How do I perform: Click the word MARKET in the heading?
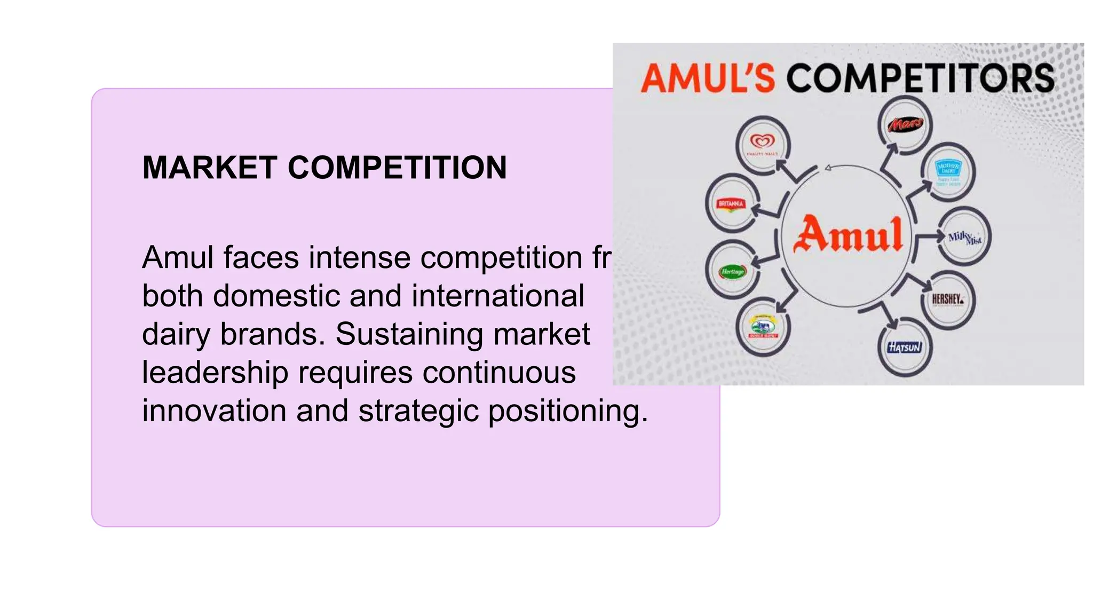(x=210, y=168)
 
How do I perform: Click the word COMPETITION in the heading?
(x=398, y=168)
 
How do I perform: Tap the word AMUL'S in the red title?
(x=707, y=78)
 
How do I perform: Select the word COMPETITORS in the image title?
(x=921, y=78)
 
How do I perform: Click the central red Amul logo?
(x=848, y=235)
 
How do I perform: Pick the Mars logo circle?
(x=905, y=124)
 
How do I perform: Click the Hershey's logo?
(x=948, y=299)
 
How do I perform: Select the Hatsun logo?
(x=905, y=348)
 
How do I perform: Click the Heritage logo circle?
(x=732, y=272)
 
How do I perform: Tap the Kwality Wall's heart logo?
(x=763, y=143)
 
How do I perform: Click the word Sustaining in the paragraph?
(x=410, y=334)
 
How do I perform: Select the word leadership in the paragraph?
(x=215, y=373)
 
